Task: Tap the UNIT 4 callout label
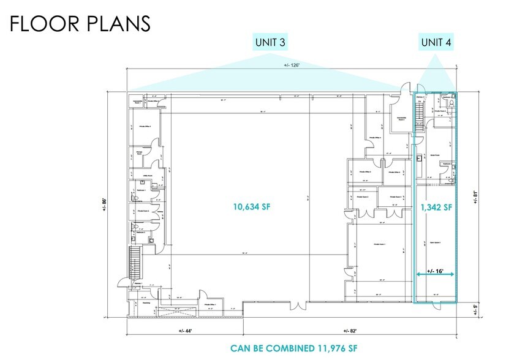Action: tap(437, 42)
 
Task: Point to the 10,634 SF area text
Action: tap(251, 207)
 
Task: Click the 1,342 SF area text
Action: tap(436, 207)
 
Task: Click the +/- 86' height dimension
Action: tap(106, 206)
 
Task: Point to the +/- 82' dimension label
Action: tap(350, 330)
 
